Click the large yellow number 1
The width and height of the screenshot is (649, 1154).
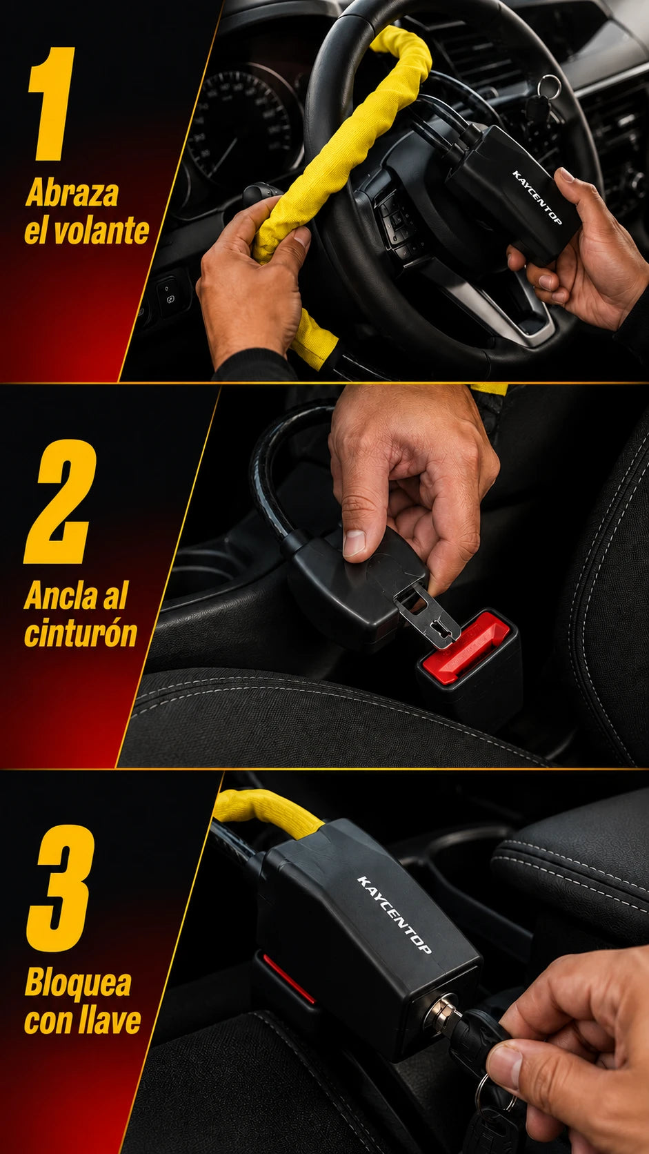click(52, 104)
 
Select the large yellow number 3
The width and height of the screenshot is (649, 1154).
click(61, 888)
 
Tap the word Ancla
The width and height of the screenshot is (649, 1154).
click(62, 596)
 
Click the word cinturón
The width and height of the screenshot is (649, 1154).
click(81, 633)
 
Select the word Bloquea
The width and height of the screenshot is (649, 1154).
click(78, 983)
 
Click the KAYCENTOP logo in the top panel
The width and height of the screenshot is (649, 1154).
click(537, 197)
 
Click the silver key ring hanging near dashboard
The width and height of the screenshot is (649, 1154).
click(550, 86)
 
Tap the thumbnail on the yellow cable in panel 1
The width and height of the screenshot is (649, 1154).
click(301, 237)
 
